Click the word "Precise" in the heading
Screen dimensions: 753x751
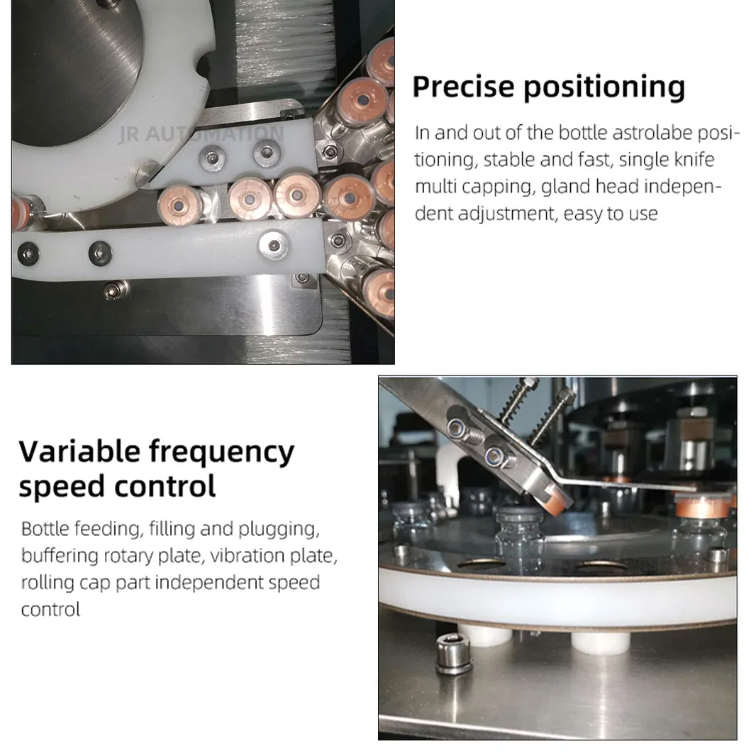click(x=463, y=87)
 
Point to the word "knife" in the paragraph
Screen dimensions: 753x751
click(x=691, y=160)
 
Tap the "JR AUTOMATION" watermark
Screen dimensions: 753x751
click(x=200, y=133)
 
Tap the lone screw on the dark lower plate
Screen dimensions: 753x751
click(x=113, y=289)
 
